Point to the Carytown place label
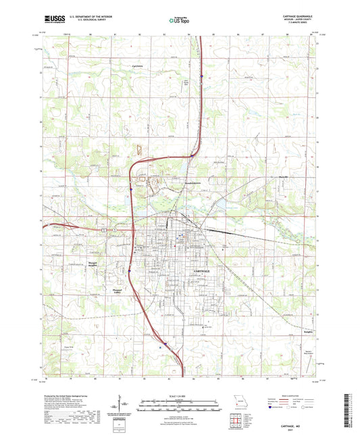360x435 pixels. tap(138, 66)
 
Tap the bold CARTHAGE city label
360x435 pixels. tap(205, 270)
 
